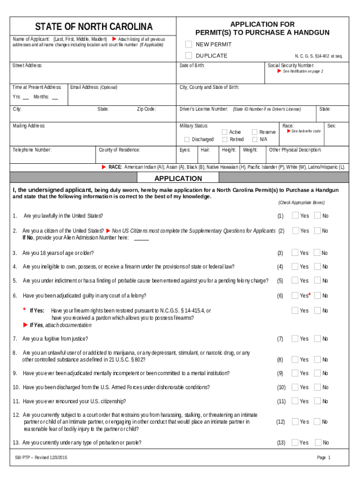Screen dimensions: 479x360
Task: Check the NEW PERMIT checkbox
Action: [188, 44]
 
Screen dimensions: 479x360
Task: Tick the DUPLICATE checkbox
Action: [188, 56]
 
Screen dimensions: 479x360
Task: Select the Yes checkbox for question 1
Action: [295, 216]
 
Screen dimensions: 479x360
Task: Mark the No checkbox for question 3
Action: [317, 253]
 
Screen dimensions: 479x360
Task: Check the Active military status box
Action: [225, 132]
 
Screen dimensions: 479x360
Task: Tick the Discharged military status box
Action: [187, 139]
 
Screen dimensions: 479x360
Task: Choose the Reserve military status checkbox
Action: [255, 132]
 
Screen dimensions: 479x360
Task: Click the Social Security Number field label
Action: [291, 65]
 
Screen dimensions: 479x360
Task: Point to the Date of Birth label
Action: [192, 65]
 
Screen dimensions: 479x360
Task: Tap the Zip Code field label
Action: [146, 109]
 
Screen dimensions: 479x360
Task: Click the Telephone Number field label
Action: [32, 150]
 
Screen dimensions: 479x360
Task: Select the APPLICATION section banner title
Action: [178, 178]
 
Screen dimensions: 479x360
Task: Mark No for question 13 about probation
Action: [318, 443]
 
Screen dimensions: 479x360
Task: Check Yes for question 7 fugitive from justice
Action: [295, 339]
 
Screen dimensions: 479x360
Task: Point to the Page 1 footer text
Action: [324, 457]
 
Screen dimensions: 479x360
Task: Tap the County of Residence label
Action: [119, 150]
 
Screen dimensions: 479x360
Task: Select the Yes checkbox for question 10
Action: [295, 387]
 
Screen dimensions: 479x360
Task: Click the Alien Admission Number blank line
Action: [141, 239]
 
